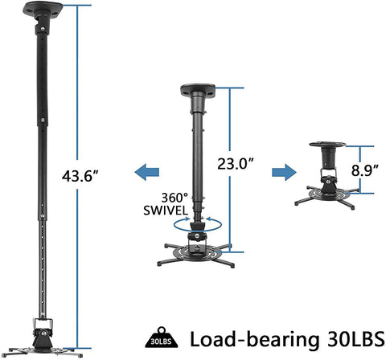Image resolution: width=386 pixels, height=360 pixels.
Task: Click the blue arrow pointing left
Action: pyautogui.click(x=146, y=171)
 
